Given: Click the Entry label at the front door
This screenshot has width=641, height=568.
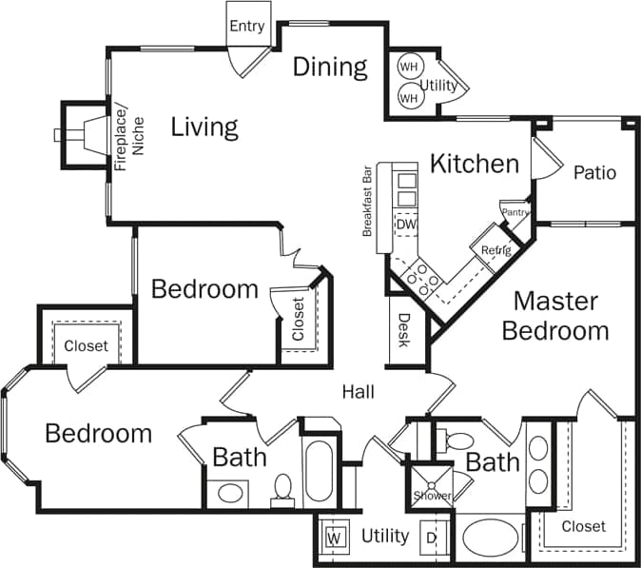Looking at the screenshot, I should click(246, 26).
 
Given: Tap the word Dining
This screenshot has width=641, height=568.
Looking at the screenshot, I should click(329, 67).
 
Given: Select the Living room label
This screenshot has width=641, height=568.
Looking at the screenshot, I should click(204, 127).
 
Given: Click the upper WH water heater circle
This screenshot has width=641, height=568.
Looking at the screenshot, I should click(409, 67).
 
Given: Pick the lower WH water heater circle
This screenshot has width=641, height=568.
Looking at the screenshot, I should click(409, 97).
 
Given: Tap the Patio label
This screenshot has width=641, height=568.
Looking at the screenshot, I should click(594, 173).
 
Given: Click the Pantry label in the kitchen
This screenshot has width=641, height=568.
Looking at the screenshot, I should click(515, 212).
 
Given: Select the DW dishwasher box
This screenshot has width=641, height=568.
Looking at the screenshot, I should click(406, 225).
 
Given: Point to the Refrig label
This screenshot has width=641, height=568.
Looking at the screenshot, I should click(495, 250).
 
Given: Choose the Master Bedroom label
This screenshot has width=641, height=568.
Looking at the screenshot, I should click(555, 316).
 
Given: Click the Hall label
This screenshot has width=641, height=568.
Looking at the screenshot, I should click(359, 391).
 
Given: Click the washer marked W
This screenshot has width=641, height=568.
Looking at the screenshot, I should click(334, 538).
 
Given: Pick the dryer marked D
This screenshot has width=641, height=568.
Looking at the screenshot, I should click(432, 538).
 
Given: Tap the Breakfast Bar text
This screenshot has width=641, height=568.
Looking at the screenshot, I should click(366, 203).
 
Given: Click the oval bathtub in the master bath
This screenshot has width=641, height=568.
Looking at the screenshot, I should click(492, 538).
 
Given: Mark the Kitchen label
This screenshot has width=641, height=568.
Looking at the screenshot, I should click(475, 164).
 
